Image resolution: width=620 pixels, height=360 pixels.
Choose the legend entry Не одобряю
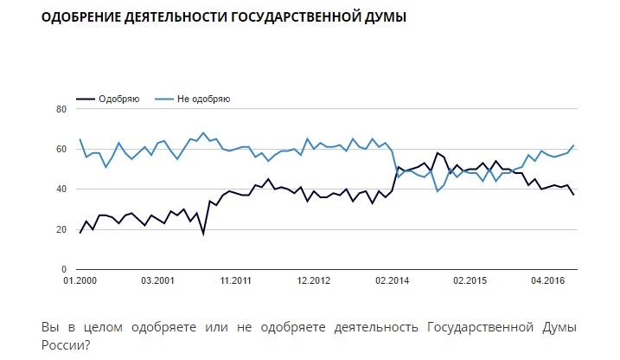202,99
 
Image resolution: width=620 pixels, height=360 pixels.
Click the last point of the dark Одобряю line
573,195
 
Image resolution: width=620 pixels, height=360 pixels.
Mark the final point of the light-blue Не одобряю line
573,145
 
